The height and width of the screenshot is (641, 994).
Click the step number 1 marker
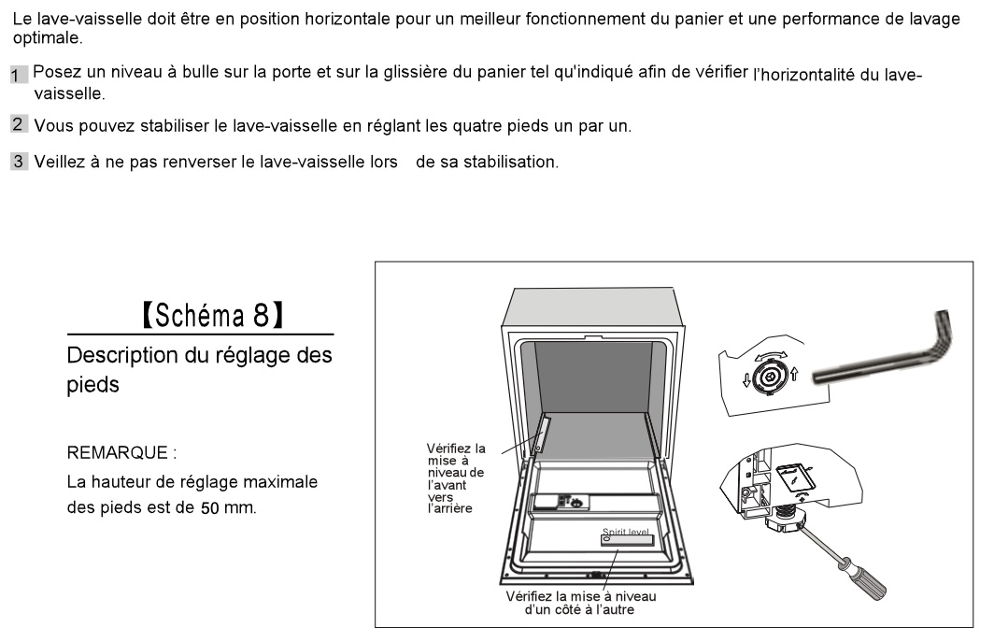[18, 75]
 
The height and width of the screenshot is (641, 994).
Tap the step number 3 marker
[18, 162]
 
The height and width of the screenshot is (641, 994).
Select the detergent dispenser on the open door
[567, 502]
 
